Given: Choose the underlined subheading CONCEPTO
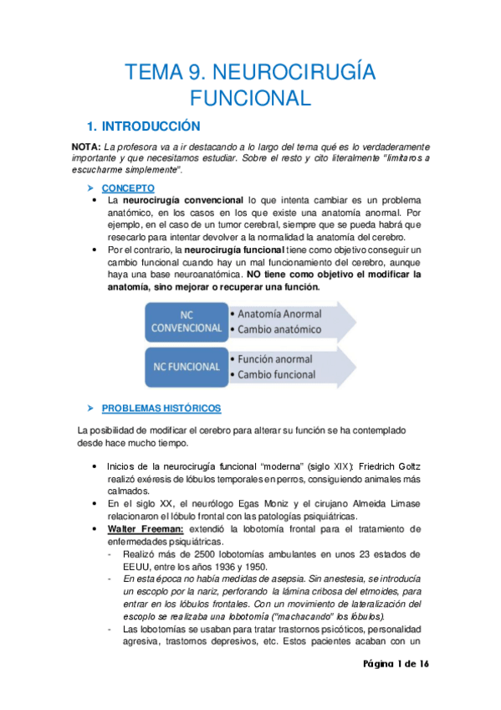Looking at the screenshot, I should [x=126, y=188].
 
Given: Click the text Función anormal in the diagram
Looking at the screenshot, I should [x=276, y=359].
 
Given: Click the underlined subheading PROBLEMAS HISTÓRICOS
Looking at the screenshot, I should [x=161, y=409].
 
